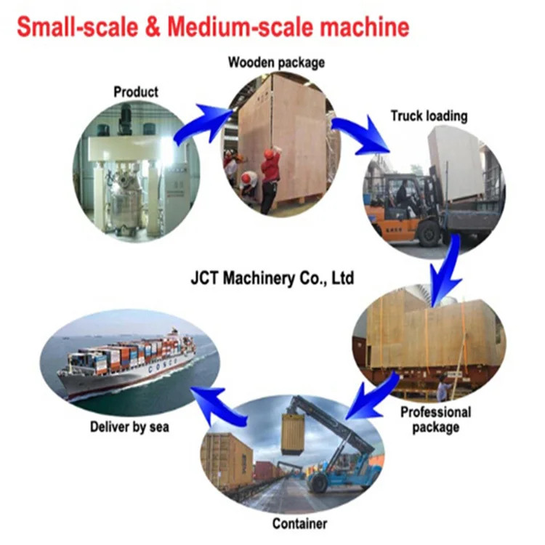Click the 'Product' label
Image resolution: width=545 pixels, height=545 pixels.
136,92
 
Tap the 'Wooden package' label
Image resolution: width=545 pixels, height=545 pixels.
276,62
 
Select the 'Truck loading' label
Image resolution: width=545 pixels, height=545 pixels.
429,116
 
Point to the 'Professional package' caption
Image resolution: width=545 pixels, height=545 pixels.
436,419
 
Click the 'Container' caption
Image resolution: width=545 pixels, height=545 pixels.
299,523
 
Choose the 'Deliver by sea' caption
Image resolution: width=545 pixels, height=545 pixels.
129,427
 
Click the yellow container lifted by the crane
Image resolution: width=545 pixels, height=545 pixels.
294,432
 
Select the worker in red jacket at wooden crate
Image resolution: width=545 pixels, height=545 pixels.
270,178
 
